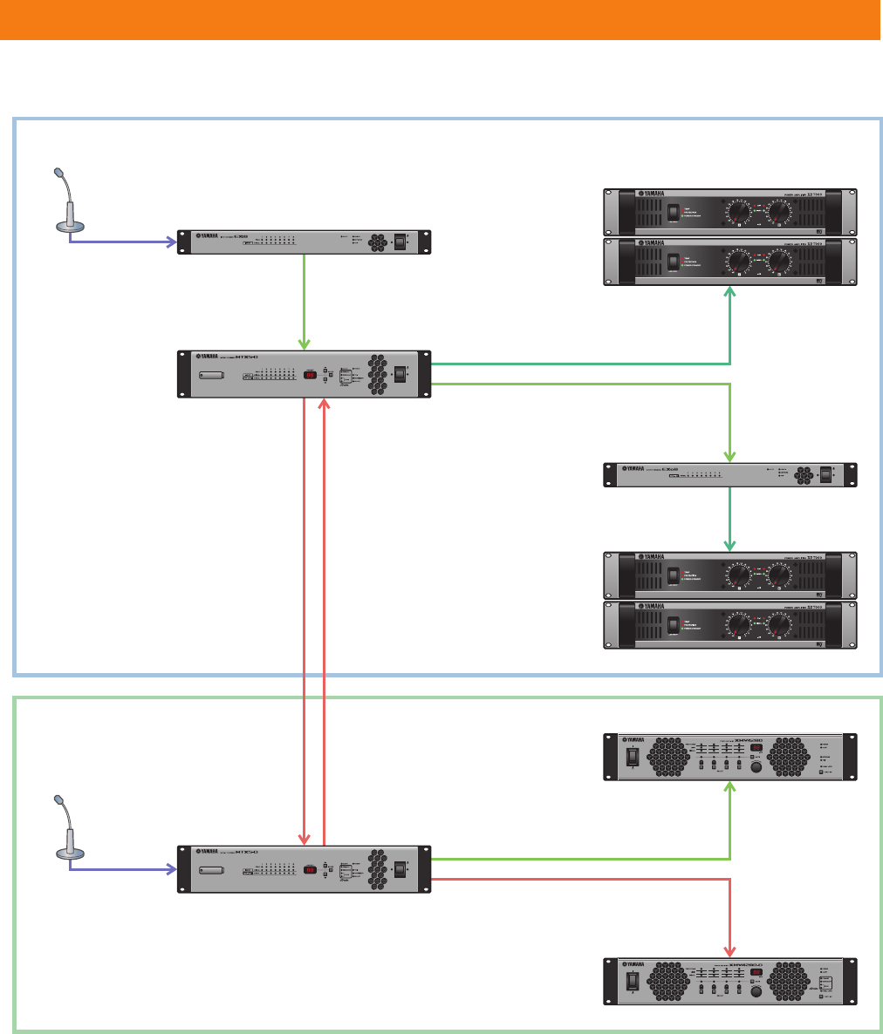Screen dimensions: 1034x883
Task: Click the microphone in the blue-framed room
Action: [67, 201]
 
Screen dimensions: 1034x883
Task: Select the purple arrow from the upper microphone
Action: [122, 242]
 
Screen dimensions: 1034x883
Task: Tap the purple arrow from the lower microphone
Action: [122, 868]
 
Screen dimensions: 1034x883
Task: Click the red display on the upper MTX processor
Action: [310, 375]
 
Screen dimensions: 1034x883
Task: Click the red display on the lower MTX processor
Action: [310, 869]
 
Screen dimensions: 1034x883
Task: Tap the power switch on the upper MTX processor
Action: [400, 375]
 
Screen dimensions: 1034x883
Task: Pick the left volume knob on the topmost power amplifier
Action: [738, 212]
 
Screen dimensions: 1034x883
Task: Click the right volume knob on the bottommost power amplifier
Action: [780, 625]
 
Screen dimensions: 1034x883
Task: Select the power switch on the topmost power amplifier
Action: [674, 212]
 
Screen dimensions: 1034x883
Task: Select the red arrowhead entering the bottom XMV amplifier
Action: [730, 949]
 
